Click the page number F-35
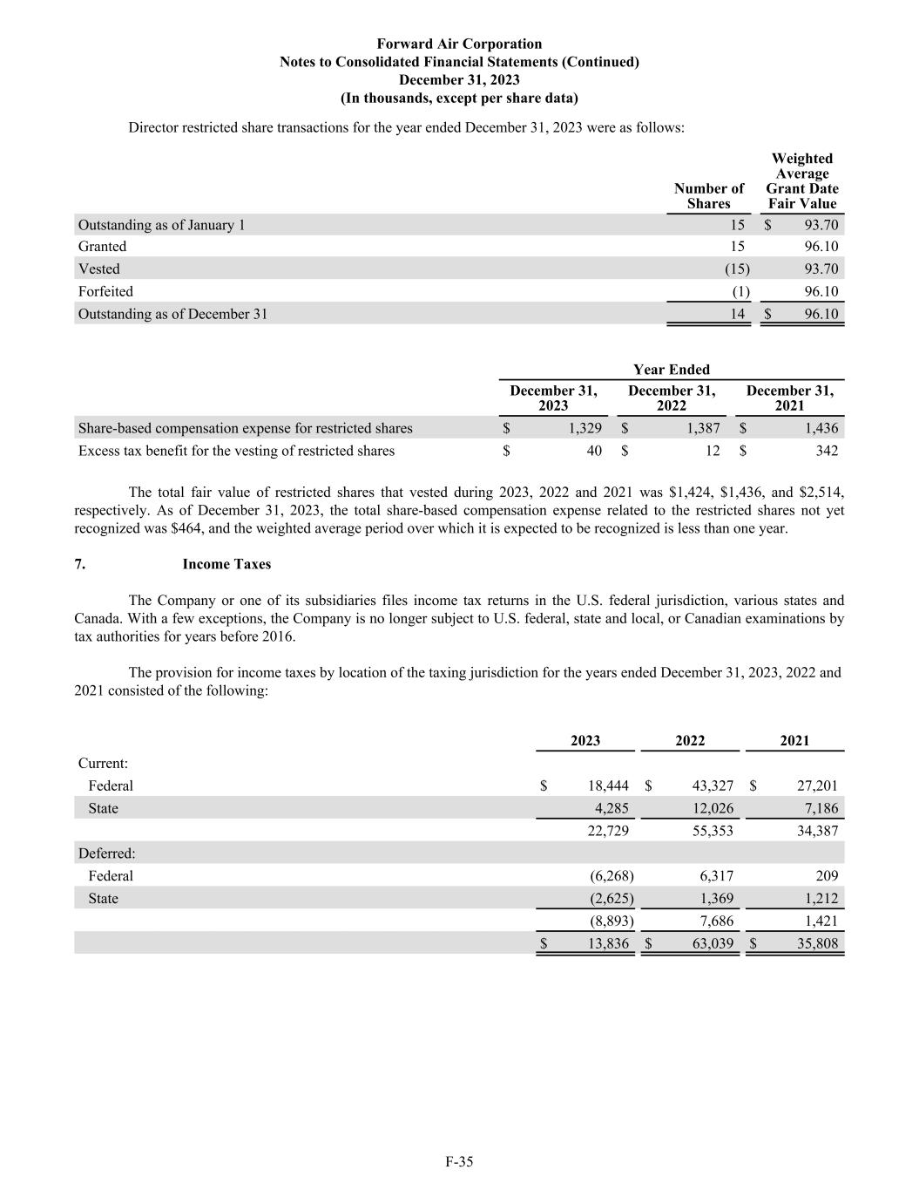[459, 1161]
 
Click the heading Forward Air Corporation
[459, 44]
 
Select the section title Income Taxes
[226, 564]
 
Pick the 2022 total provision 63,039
[712, 943]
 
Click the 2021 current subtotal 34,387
[817, 831]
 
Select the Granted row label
[102, 247]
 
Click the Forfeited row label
[105, 291]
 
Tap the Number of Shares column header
[708, 196]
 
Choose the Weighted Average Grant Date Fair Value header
[802, 181]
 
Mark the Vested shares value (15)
[737, 269]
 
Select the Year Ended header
[671, 370]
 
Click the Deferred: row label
[106, 853]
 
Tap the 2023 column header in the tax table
[585, 741]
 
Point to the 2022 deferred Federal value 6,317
[717, 876]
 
